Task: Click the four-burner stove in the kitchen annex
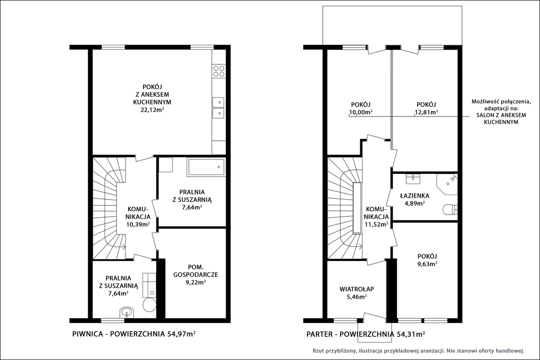pos(219,71)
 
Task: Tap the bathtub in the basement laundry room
pos(206,167)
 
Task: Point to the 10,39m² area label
pos(138,224)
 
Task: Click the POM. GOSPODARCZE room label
pos(196,270)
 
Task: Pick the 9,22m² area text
pos(196,282)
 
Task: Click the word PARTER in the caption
pos(319,334)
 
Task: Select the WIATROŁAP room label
pos(356,289)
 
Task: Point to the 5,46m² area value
pos(356,297)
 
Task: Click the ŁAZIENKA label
pos(414,196)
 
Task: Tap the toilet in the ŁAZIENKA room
pos(451,209)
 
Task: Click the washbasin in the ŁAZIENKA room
pos(412,178)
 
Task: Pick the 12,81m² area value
pos(426,112)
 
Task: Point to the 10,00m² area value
pos(361,112)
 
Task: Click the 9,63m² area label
pos(427,264)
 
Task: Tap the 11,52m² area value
pos(377,225)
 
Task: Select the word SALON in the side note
pos(484,115)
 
